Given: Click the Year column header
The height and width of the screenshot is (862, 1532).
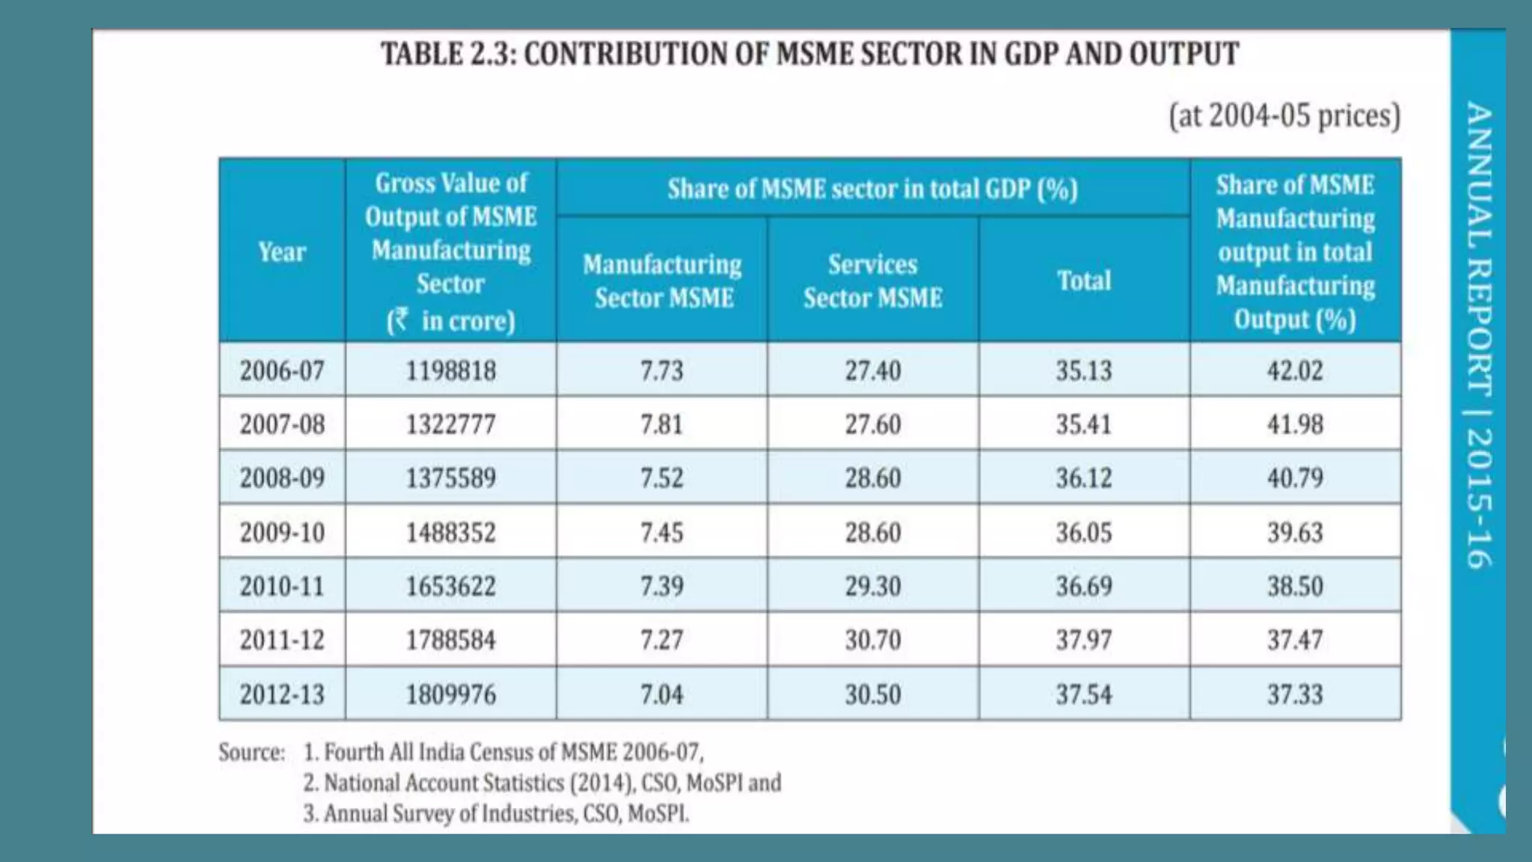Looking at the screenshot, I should point(282,252).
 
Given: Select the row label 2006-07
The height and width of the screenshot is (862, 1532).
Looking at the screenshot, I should point(282,370).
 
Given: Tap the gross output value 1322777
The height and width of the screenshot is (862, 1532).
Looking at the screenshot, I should point(450,425).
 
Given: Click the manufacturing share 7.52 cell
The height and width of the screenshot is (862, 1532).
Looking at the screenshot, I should point(661,478).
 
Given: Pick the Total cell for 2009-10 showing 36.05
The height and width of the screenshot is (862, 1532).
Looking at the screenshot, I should point(1083,533).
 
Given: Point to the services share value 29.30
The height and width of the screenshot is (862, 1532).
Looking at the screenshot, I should point(872,586).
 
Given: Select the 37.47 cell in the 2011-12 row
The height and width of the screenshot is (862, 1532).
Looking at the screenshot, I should point(1294,640).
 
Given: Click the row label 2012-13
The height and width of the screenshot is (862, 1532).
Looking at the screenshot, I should point(282,694).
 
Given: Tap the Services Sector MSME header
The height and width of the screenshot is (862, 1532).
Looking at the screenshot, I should point(872,281).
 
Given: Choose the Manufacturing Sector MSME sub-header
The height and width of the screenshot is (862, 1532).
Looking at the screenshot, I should point(661,281).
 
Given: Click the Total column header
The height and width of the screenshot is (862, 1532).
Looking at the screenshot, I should point(1083,281).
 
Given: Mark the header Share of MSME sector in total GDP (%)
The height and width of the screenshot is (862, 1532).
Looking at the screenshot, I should point(872,189).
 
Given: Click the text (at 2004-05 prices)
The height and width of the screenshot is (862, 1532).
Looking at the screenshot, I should point(1284,116).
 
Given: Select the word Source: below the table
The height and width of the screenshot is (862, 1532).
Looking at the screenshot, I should point(251,752).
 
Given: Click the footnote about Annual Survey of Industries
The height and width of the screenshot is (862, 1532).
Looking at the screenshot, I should point(495,813).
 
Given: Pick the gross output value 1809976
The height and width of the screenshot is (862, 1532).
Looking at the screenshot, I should point(450,694).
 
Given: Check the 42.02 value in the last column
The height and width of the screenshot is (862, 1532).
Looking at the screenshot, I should point(1294,370).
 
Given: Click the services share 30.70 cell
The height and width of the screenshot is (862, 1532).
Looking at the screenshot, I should point(872,640).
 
